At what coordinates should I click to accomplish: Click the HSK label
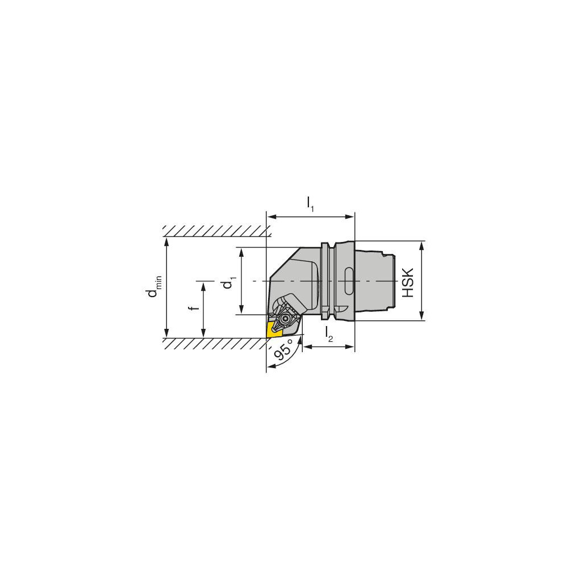(408, 282)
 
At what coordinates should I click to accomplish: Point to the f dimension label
(195, 308)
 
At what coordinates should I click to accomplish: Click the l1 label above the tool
(311, 204)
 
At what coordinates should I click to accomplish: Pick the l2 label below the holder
(328, 334)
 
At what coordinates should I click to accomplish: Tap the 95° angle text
(283, 349)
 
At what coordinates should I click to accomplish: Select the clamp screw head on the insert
(284, 319)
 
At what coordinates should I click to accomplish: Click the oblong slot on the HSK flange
(348, 281)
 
